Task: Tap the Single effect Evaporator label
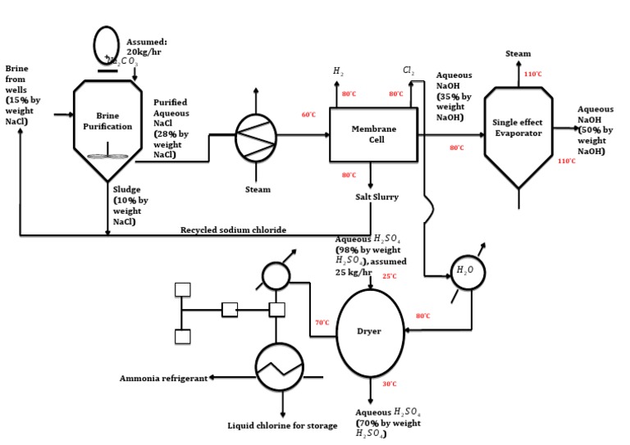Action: point(518,127)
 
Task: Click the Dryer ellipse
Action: point(368,330)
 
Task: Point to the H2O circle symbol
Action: point(465,271)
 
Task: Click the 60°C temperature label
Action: point(308,115)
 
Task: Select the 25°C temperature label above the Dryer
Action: point(390,276)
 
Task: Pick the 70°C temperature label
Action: point(322,323)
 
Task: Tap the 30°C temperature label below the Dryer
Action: point(390,384)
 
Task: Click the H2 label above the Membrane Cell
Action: point(337,72)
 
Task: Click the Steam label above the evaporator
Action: point(518,54)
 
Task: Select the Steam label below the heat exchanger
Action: point(258,189)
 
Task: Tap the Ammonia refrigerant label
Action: point(163,378)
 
